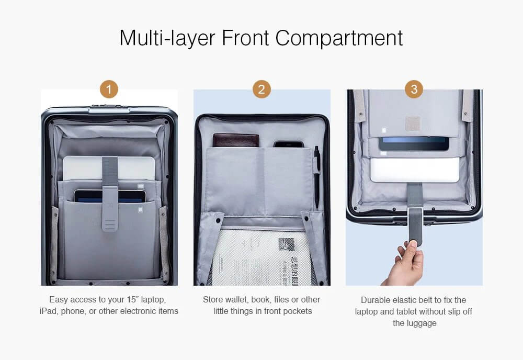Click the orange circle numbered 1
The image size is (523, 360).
tap(109, 89)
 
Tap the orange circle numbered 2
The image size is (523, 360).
tap(261, 89)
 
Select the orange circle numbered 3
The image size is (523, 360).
tap(414, 89)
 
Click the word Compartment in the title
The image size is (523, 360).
tap(339, 38)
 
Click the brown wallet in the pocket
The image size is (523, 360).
tap(236, 140)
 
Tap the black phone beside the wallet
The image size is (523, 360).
tap(288, 143)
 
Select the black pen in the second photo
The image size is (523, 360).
tap(317, 175)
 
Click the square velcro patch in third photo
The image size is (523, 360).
tap(413, 124)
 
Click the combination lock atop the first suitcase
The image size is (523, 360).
tap(109, 108)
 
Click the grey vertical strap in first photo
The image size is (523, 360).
tap(109, 194)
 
